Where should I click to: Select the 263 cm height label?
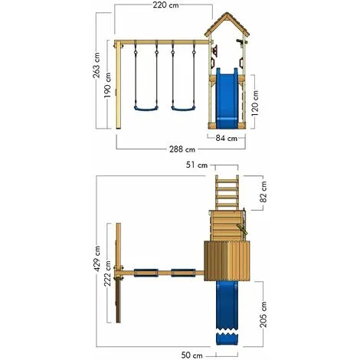(x=97, y=73)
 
